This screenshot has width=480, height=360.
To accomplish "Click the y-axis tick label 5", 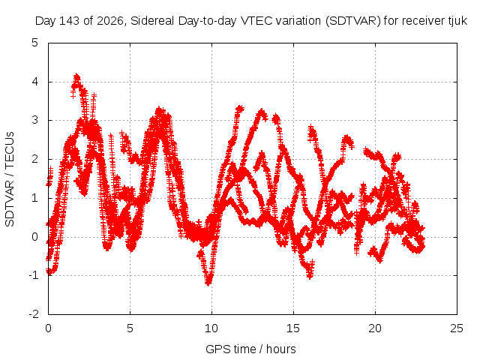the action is pyautogui.click(x=35, y=43).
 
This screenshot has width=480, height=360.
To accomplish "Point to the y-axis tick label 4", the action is pyautogui.click(x=35, y=82).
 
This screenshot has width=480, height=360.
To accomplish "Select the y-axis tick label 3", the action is pyautogui.click(x=35, y=120).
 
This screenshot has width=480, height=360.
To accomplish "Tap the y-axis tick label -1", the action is pyautogui.click(x=33, y=275).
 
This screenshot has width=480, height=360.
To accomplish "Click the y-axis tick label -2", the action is pyautogui.click(x=33, y=314).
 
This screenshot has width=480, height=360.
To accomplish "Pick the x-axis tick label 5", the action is pyautogui.click(x=130, y=328).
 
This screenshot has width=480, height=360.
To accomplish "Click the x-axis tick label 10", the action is pyautogui.click(x=211, y=328).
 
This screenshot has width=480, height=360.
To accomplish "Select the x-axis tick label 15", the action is pyautogui.click(x=293, y=328).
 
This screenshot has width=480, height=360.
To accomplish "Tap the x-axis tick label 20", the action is pyautogui.click(x=375, y=328).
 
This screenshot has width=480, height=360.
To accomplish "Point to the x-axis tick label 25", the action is pyautogui.click(x=457, y=328).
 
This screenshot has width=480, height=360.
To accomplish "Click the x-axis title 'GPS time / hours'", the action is pyautogui.click(x=250, y=349).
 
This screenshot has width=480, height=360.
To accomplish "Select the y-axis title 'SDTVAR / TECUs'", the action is pyautogui.click(x=10, y=179).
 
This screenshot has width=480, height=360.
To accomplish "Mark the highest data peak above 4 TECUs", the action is pyautogui.click(x=76, y=75).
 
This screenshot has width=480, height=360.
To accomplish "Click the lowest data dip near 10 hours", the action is pyautogui.click(x=208, y=283).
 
